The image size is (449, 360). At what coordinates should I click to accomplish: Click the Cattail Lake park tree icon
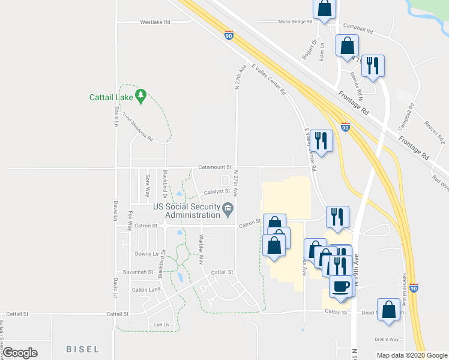(141, 96)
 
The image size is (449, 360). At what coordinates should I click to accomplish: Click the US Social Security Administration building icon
(228, 209)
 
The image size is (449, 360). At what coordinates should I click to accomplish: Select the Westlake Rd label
(155, 22)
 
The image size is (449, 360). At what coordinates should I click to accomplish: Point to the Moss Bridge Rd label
(295, 22)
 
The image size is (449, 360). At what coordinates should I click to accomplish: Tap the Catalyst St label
(217, 192)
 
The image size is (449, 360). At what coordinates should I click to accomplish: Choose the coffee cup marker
(342, 286)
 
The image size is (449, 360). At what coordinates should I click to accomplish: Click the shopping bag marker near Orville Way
(390, 310)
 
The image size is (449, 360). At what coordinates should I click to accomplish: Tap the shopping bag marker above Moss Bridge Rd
(324, 8)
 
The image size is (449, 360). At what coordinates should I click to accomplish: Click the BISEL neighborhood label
(82, 349)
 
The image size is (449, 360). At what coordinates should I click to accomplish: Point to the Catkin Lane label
(146, 289)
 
